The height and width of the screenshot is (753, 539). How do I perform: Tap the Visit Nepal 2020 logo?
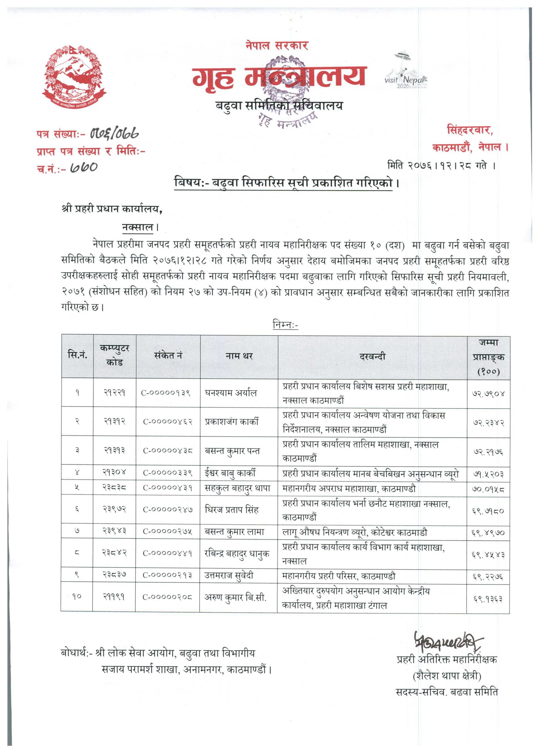(406, 72)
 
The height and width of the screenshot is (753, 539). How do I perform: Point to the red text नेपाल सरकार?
(277, 46)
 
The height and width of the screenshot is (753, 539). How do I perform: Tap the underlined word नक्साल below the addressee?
(138, 228)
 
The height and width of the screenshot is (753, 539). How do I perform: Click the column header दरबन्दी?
(372, 357)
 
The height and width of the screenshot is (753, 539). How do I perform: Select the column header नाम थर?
(239, 356)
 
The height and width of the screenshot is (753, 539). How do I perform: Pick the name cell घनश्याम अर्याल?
(231, 393)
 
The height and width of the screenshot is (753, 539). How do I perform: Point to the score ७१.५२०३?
(488, 475)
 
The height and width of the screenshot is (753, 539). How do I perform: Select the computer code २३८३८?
(114, 488)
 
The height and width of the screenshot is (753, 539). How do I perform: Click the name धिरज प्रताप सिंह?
(231, 510)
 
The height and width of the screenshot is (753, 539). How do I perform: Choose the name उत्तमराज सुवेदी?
(229, 576)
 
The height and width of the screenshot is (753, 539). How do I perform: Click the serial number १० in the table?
(77, 597)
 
